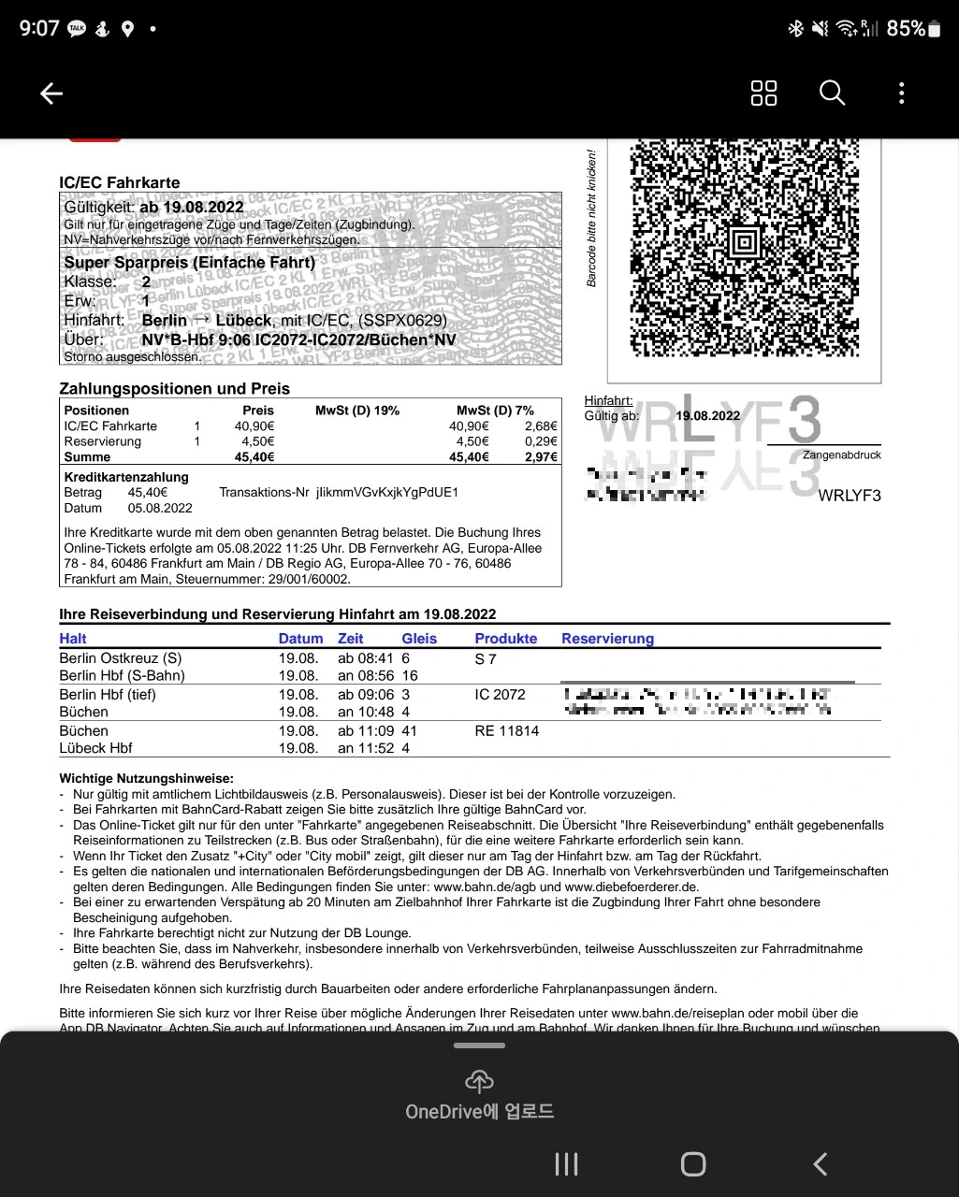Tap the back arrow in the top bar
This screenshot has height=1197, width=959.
pyautogui.click(x=51, y=93)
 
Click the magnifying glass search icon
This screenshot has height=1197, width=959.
pyautogui.click(x=832, y=93)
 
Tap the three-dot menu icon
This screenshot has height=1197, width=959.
pyautogui.click(x=901, y=93)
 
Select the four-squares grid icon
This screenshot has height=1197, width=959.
pyautogui.click(x=763, y=93)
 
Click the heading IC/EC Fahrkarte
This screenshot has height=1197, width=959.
pyautogui.click(x=119, y=182)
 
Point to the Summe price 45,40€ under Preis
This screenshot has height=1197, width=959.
pyautogui.click(x=254, y=457)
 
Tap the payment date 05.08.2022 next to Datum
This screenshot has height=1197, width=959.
pyautogui.click(x=160, y=508)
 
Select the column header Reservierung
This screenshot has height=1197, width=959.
pyautogui.click(x=607, y=639)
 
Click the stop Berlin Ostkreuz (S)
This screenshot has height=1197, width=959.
pyautogui.click(x=120, y=658)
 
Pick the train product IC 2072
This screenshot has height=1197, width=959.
pyautogui.click(x=500, y=695)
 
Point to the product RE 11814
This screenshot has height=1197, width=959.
pyautogui.click(x=506, y=730)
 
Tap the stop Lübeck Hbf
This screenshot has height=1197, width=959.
pyautogui.click(x=95, y=748)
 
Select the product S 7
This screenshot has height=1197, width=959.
pyautogui.click(x=486, y=658)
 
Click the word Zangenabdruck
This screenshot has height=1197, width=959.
pyautogui.click(x=841, y=455)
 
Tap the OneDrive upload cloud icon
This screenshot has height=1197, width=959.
pyautogui.click(x=479, y=1082)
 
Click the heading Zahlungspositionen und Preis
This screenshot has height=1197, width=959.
pyautogui.click(x=174, y=389)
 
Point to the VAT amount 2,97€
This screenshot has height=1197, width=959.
pyautogui.click(x=541, y=457)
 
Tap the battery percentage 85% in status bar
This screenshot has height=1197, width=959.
pyautogui.click(x=906, y=28)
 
